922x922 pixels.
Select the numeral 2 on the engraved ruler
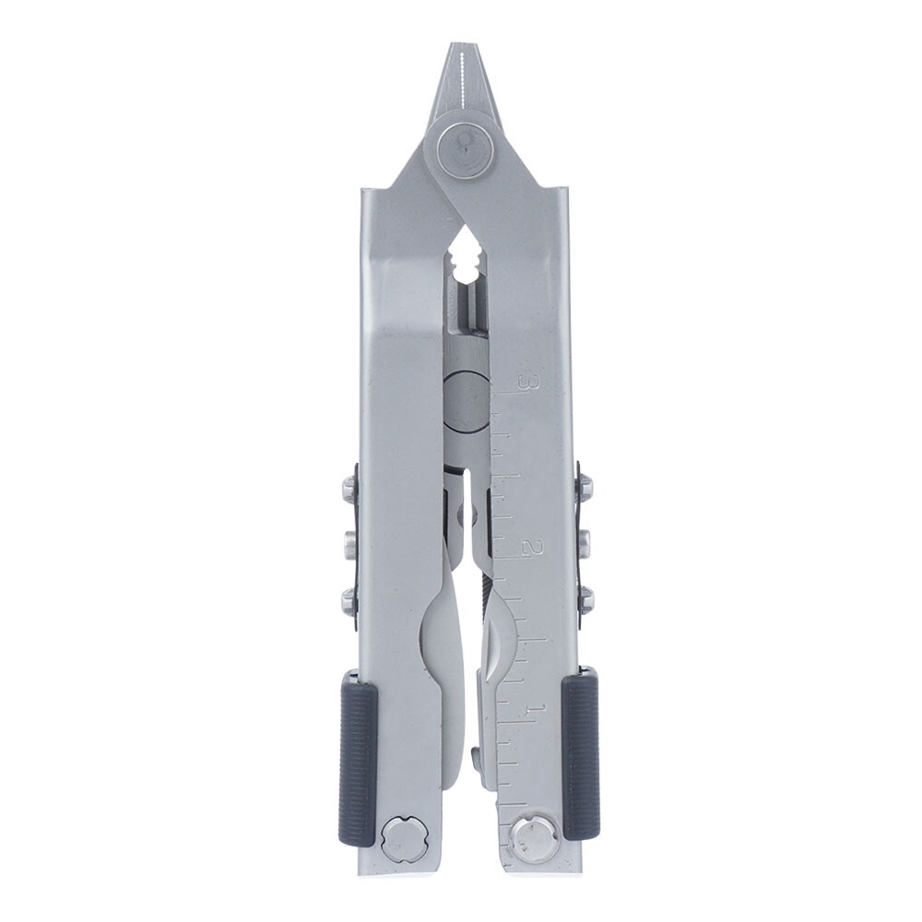(x=528, y=548)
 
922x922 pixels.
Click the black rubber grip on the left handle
(x=358, y=756)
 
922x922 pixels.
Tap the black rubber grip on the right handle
(x=581, y=756)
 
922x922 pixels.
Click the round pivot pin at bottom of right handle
(x=533, y=839)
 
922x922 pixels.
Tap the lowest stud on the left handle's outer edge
(x=350, y=601)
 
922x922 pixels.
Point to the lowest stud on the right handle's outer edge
(x=585, y=600)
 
